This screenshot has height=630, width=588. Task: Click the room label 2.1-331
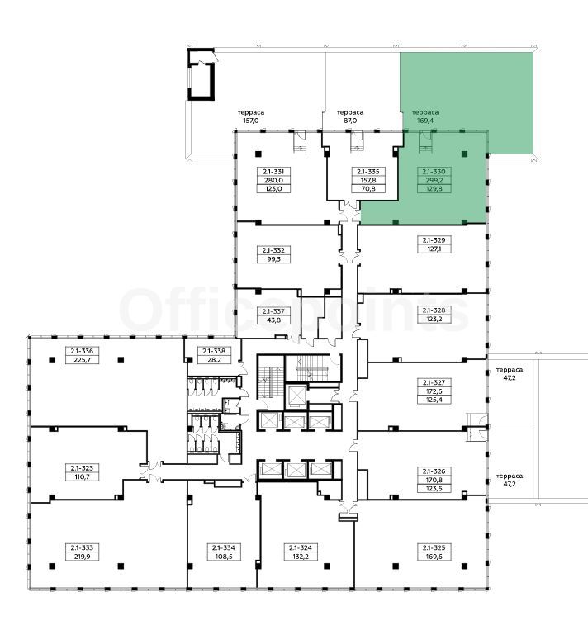click(273, 172)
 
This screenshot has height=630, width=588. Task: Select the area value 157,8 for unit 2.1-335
click(368, 180)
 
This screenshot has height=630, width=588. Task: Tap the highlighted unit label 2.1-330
click(434, 172)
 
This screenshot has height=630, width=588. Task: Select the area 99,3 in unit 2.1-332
click(273, 259)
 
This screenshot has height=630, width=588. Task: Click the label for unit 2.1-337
click(273, 311)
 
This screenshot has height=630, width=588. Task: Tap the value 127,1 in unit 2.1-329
click(434, 249)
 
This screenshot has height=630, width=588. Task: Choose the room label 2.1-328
click(434, 310)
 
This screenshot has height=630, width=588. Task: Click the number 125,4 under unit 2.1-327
click(434, 400)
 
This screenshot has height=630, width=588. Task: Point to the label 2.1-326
click(434, 471)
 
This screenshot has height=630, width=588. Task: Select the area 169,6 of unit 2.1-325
click(434, 557)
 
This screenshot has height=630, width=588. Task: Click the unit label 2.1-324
click(301, 547)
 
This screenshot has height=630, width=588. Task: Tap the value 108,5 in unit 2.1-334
click(224, 557)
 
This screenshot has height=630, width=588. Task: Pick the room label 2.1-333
click(82, 547)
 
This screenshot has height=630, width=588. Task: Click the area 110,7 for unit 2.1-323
click(82, 477)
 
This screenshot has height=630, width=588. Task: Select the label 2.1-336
click(82, 351)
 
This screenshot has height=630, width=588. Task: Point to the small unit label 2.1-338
click(214, 351)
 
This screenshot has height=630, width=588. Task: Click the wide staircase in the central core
click(313, 367)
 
